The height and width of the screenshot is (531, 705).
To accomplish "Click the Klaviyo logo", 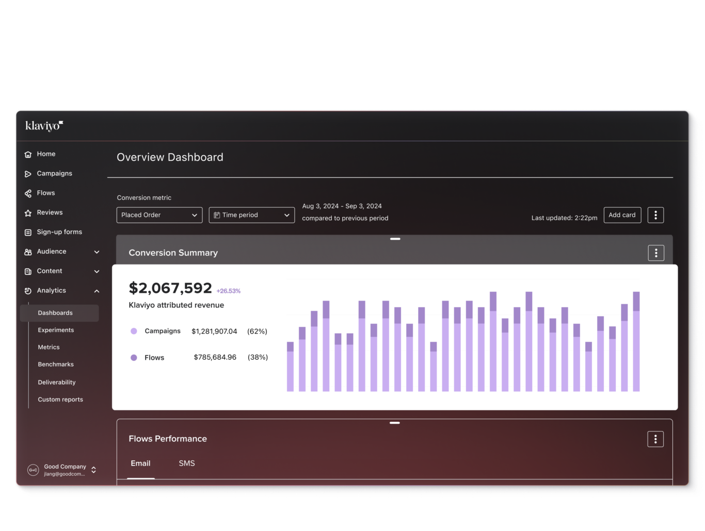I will [44, 126].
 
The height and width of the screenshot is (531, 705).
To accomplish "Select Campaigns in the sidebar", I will [54, 174].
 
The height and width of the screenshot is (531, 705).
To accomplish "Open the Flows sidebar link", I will [45, 193].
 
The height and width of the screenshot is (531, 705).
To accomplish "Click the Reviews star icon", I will [28, 213].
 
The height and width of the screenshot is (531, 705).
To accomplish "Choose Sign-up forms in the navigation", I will [59, 232].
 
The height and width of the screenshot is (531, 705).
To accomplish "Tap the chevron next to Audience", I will [97, 252].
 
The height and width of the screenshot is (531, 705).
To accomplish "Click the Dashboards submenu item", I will [55, 313].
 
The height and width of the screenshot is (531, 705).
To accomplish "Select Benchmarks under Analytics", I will [56, 364].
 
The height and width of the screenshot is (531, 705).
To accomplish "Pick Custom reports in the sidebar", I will [60, 400].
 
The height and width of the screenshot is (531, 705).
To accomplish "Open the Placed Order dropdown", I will [159, 215].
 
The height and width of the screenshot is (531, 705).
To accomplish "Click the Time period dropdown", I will [251, 215].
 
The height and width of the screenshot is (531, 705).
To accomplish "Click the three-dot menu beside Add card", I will [655, 215].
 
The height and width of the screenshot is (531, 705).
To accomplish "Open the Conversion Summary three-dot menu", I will [656, 253].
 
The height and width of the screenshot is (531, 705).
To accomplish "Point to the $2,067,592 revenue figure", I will [170, 288].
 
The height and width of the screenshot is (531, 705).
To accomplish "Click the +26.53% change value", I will [229, 291].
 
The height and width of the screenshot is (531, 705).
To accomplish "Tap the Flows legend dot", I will [134, 358].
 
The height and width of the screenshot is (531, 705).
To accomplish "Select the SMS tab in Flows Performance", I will [187, 463].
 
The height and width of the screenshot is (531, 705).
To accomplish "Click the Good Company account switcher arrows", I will [93, 470].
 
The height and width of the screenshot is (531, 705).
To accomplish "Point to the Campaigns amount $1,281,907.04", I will [214, 331].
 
